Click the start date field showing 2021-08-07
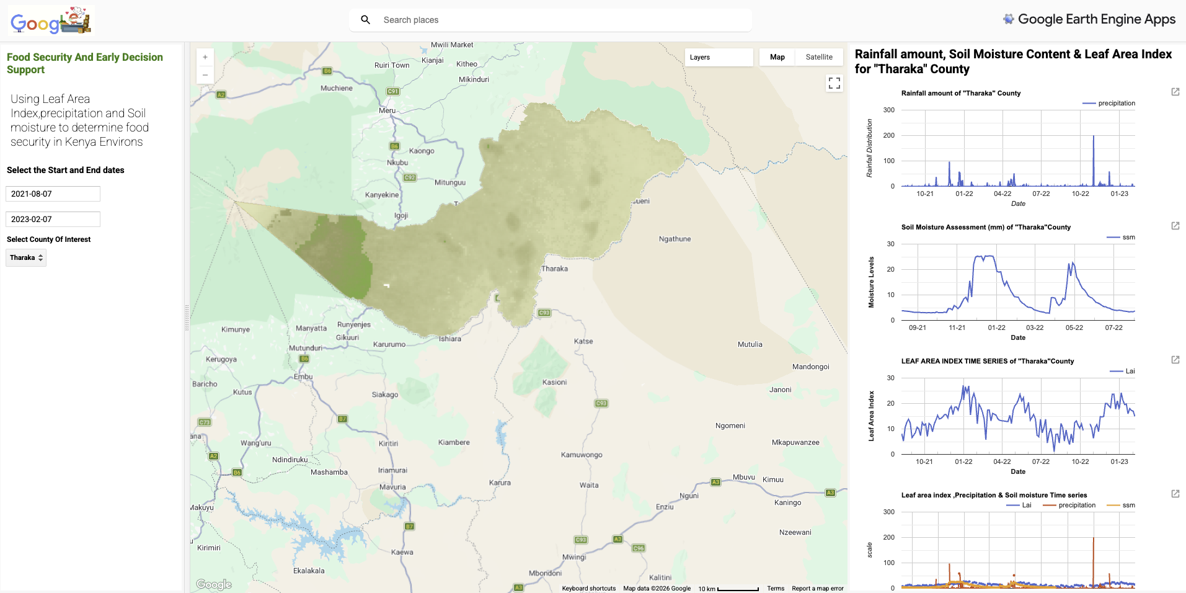tap(53, 194)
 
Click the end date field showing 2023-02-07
tap(53, 219)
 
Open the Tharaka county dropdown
tap(26, 257)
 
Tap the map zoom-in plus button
tap(205, 57)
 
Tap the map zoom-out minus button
tap(205, 75)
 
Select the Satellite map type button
tap(818, 57)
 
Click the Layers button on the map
tap(718, 57)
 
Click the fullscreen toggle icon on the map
tap(834, 82)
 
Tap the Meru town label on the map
tap(387, 110)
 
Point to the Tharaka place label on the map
tap(554, 269)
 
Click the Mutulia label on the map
tap(750, 344)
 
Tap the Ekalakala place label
tap(309, 571)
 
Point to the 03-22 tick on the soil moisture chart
tap(1035, 328)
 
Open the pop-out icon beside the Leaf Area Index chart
tap(1175, 360)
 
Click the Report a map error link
tap(817, 588)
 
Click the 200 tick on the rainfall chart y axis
tap(889, 135)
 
